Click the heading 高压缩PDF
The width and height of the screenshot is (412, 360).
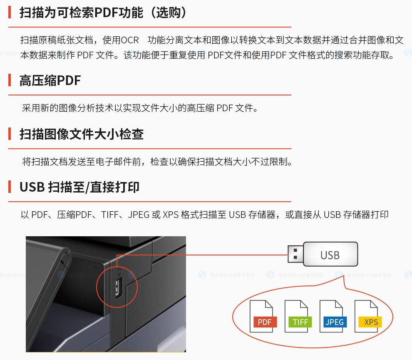(50, 80)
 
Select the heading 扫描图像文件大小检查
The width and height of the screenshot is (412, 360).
(82, 134)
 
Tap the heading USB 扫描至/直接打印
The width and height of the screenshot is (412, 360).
(79, 187)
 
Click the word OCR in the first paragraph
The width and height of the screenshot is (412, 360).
(129, 40)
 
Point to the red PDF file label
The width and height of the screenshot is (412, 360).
(265, 322)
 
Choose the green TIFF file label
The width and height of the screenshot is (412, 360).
(300, 322)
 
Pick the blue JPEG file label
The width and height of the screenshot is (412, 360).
(335, 322)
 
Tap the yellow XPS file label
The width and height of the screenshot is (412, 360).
(370, 322)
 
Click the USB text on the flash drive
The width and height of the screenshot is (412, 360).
(330, 255)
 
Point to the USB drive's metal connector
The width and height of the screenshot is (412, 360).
(295, 254)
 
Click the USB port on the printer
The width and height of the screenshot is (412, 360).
(118, 288)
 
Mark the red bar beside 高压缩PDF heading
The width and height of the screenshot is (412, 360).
(10, 80)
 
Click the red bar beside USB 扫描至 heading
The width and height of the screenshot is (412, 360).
(10, 187)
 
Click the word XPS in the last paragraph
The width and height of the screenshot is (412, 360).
(171, 215)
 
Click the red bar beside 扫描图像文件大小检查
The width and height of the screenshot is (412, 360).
(10, 134)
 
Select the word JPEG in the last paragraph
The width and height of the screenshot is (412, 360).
(139, 215)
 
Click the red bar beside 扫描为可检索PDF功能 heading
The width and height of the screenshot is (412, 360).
(10, 12)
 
